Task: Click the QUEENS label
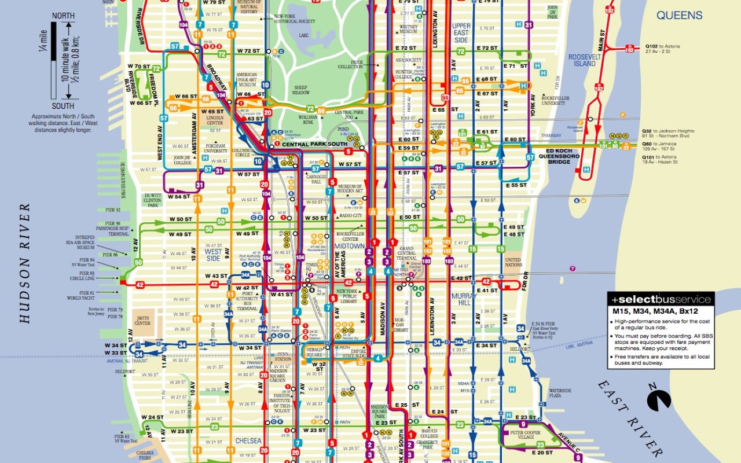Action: click(x=678, y=16)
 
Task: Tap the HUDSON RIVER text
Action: click(x=25, y=263)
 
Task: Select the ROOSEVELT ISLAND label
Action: click(x=582, y=60)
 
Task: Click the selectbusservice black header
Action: click(x=661, y=299)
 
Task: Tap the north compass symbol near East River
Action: click(x=659, y=400)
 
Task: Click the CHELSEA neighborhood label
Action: click(x=248, y=441)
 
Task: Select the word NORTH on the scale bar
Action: click(x=63, y=16)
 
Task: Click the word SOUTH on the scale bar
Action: click(x=63, y=106)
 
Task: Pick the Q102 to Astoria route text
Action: click(x=662, y=49)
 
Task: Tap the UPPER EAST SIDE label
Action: click(x=461, y=33)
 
